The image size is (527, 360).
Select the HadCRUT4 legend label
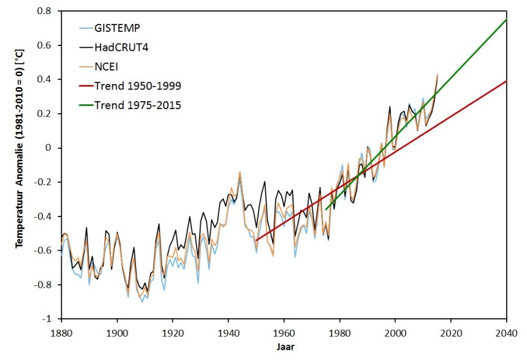coord(118,47)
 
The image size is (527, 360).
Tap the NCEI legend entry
coord(107,66)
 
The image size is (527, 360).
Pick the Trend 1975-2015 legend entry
coord(137,105)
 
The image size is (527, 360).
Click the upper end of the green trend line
coord(506,20)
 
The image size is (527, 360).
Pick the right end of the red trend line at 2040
coord(506,81)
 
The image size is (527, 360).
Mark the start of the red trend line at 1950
coord(256,240)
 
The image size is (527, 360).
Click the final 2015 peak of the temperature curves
coord(437,75)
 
